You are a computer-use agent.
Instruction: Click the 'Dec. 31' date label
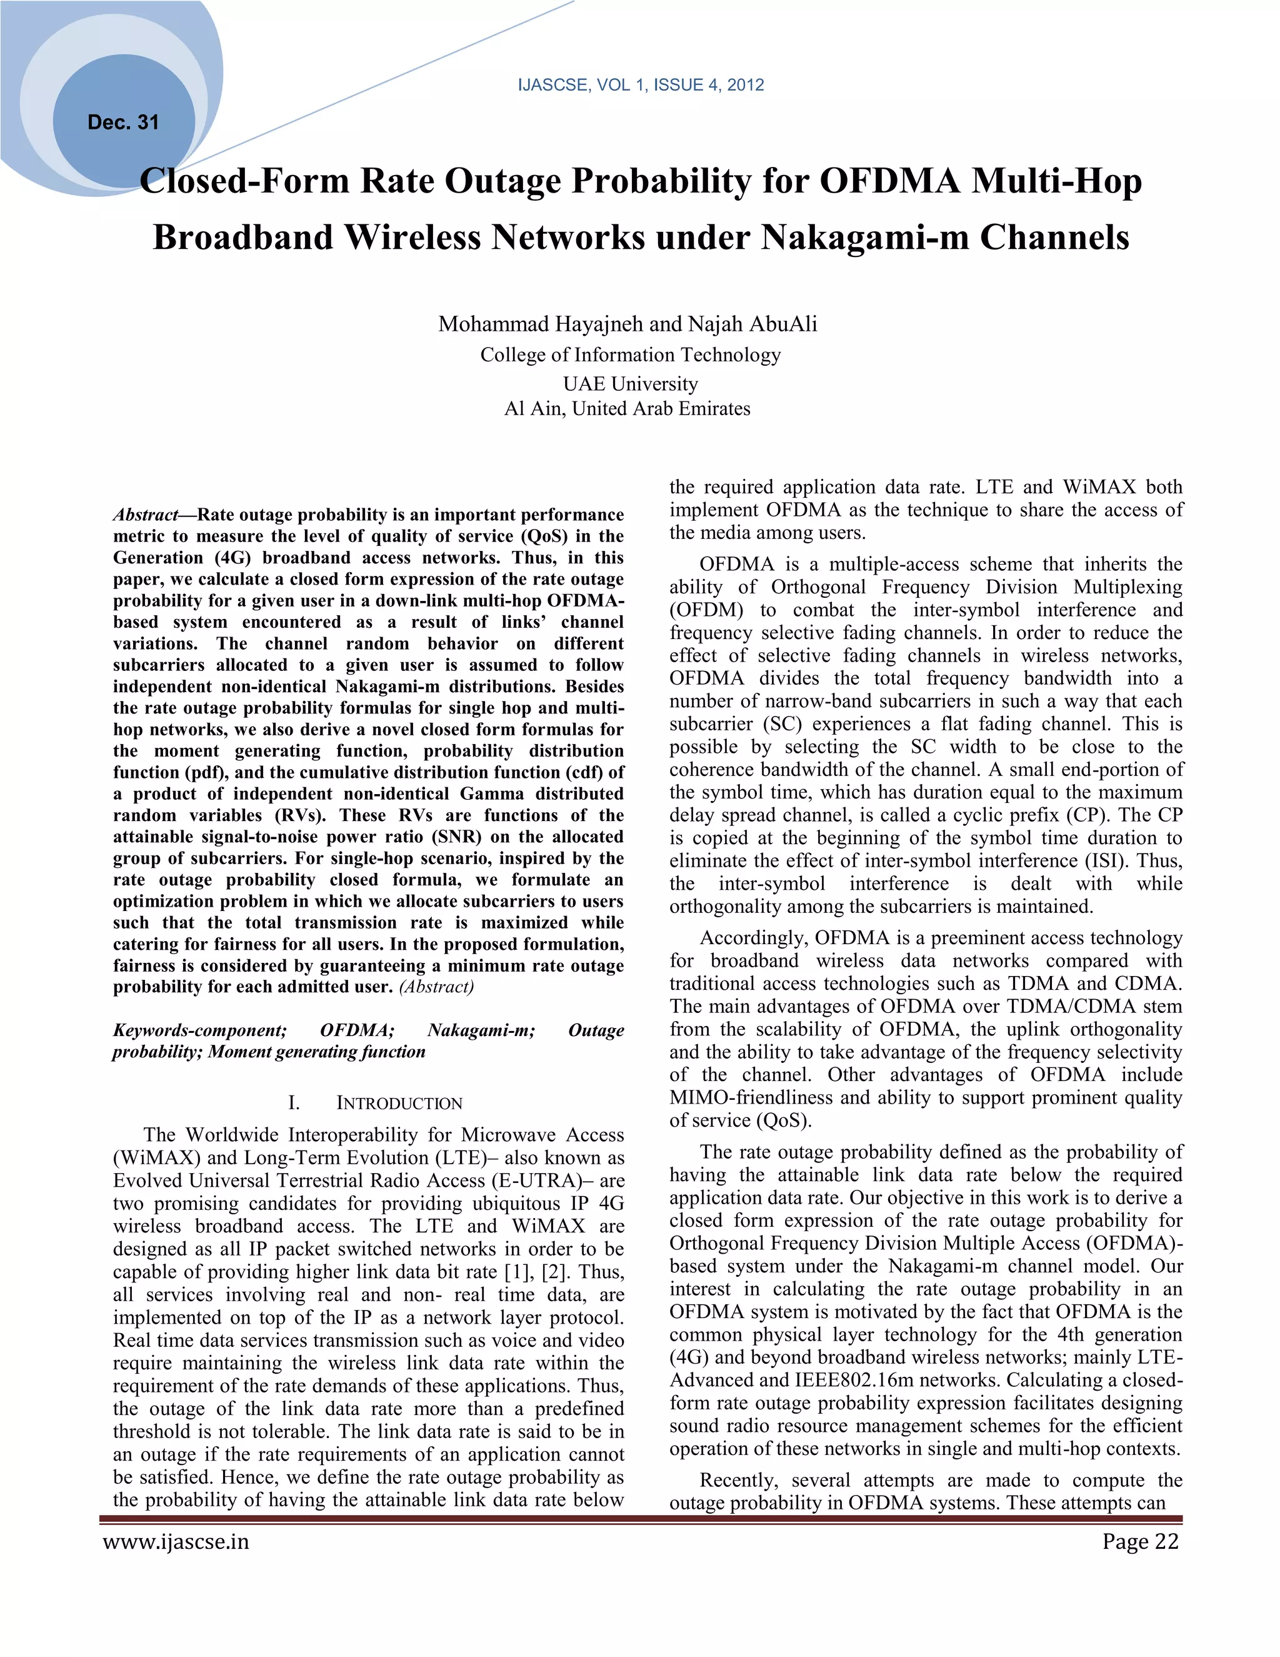[123, 122]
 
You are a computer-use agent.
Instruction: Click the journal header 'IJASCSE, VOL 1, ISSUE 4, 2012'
[640, 85]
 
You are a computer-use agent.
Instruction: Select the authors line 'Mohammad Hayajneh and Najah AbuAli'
[627, 325]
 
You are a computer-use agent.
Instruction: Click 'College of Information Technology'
[630, 355]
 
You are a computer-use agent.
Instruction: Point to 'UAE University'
[630, 384]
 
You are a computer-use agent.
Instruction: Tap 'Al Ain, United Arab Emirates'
[627, 409]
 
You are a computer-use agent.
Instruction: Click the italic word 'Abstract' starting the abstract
[145, 515]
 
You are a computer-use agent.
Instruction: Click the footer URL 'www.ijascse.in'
[176, 1542]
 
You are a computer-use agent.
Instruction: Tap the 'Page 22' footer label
[1141, 1542]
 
